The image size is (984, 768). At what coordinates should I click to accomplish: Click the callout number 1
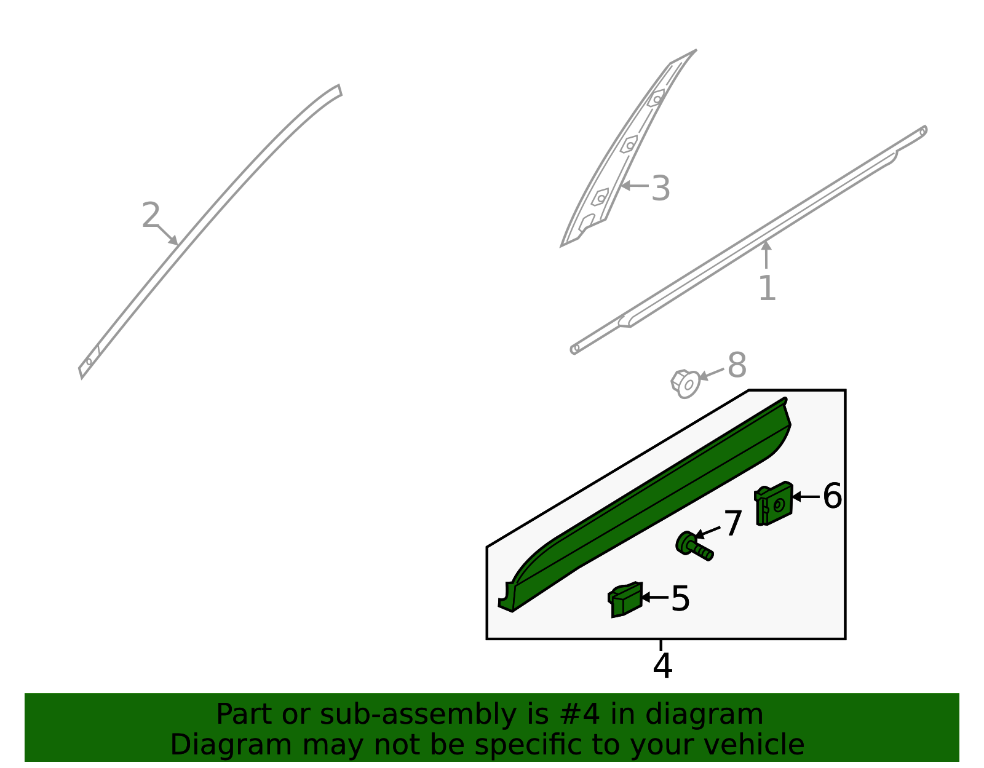[x=767, y=288]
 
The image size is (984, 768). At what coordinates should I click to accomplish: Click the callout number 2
[x=150, y=216]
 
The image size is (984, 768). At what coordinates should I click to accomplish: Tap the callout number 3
[x=661, y=188]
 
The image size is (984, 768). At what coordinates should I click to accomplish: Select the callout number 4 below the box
[x=662, y=666]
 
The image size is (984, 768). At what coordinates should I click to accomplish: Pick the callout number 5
[x=680, y=598]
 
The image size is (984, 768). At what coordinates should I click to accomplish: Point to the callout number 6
[x=832, y=496]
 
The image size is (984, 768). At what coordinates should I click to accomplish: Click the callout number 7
[x=732, y=524]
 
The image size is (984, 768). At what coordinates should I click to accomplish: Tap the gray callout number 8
[x=737, y=366]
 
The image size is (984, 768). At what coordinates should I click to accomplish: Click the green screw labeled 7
[x=694, y=546]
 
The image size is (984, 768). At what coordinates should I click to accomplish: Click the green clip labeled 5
[x=625, y=600]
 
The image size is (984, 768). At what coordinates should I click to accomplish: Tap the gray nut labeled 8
[x=685, y=383]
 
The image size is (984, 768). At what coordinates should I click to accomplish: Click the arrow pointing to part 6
[x=804, y=496]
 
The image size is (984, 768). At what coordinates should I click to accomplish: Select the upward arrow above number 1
[x=766, y=255]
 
